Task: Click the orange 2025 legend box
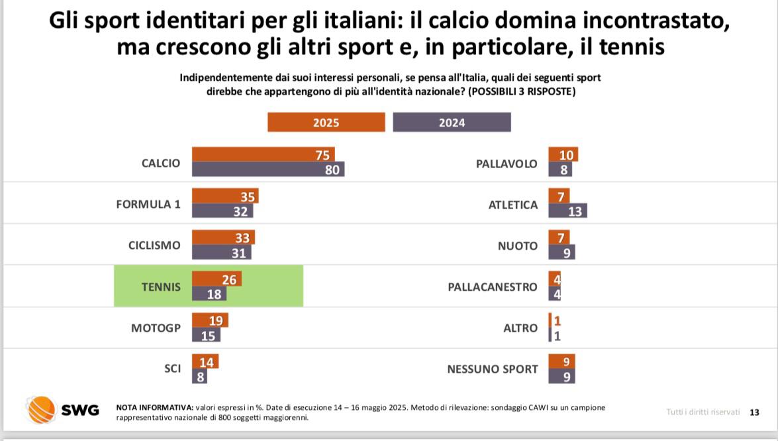click(x=326, y=122)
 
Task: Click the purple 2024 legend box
click(x=452, y=122)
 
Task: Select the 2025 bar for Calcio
click(x=263, y=154)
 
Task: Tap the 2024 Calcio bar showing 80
click(x=267, y=170)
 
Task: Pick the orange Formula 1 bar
click(x=224, y=196)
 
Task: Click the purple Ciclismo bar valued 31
click(x=221, y=252)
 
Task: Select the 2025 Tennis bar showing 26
click(x=216, y=279)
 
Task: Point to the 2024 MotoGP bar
click(x=205, y=336)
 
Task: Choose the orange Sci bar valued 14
click(x=205, y=362)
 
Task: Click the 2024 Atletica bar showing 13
click(x=567, y=211)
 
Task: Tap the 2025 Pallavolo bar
click(x=563, y=154)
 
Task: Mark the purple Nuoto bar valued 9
click(x=561, y=252)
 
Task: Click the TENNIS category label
click(x=161, y=287)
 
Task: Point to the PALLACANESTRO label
click(x=493, y=287)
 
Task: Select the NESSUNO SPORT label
click(x=493, y=369)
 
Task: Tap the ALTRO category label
click(x=520, y=328)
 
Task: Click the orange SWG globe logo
click(x=41, y=409)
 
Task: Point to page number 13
click(x=754, y=412)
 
